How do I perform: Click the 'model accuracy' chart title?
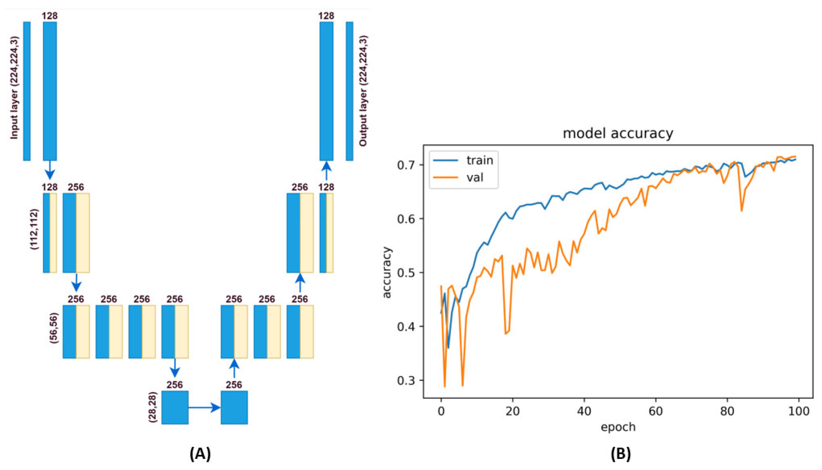(618, 133)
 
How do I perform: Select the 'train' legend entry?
(479, 160)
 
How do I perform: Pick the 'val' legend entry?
(475, 177)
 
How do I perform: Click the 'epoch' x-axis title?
(618, 427)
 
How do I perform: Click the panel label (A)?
(200, 454)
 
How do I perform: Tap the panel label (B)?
(621, 454)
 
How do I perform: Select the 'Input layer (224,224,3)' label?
(14, 88)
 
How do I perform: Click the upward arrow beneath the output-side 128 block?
(326, 171)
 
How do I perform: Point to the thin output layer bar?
(349, 91)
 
